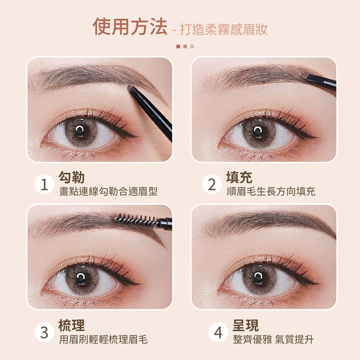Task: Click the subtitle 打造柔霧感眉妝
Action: (x=224, y=30)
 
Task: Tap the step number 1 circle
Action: (x=45, y=185)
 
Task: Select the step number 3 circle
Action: (x=45, y=333)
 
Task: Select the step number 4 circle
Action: (x=218, y=333)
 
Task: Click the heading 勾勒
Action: (x=72, y=177)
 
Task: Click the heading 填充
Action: (x=239, y=177)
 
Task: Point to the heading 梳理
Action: (x=72, y=325)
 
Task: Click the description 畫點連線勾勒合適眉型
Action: (x=108, y=192)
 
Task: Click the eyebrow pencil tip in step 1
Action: (x=132, y=88)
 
